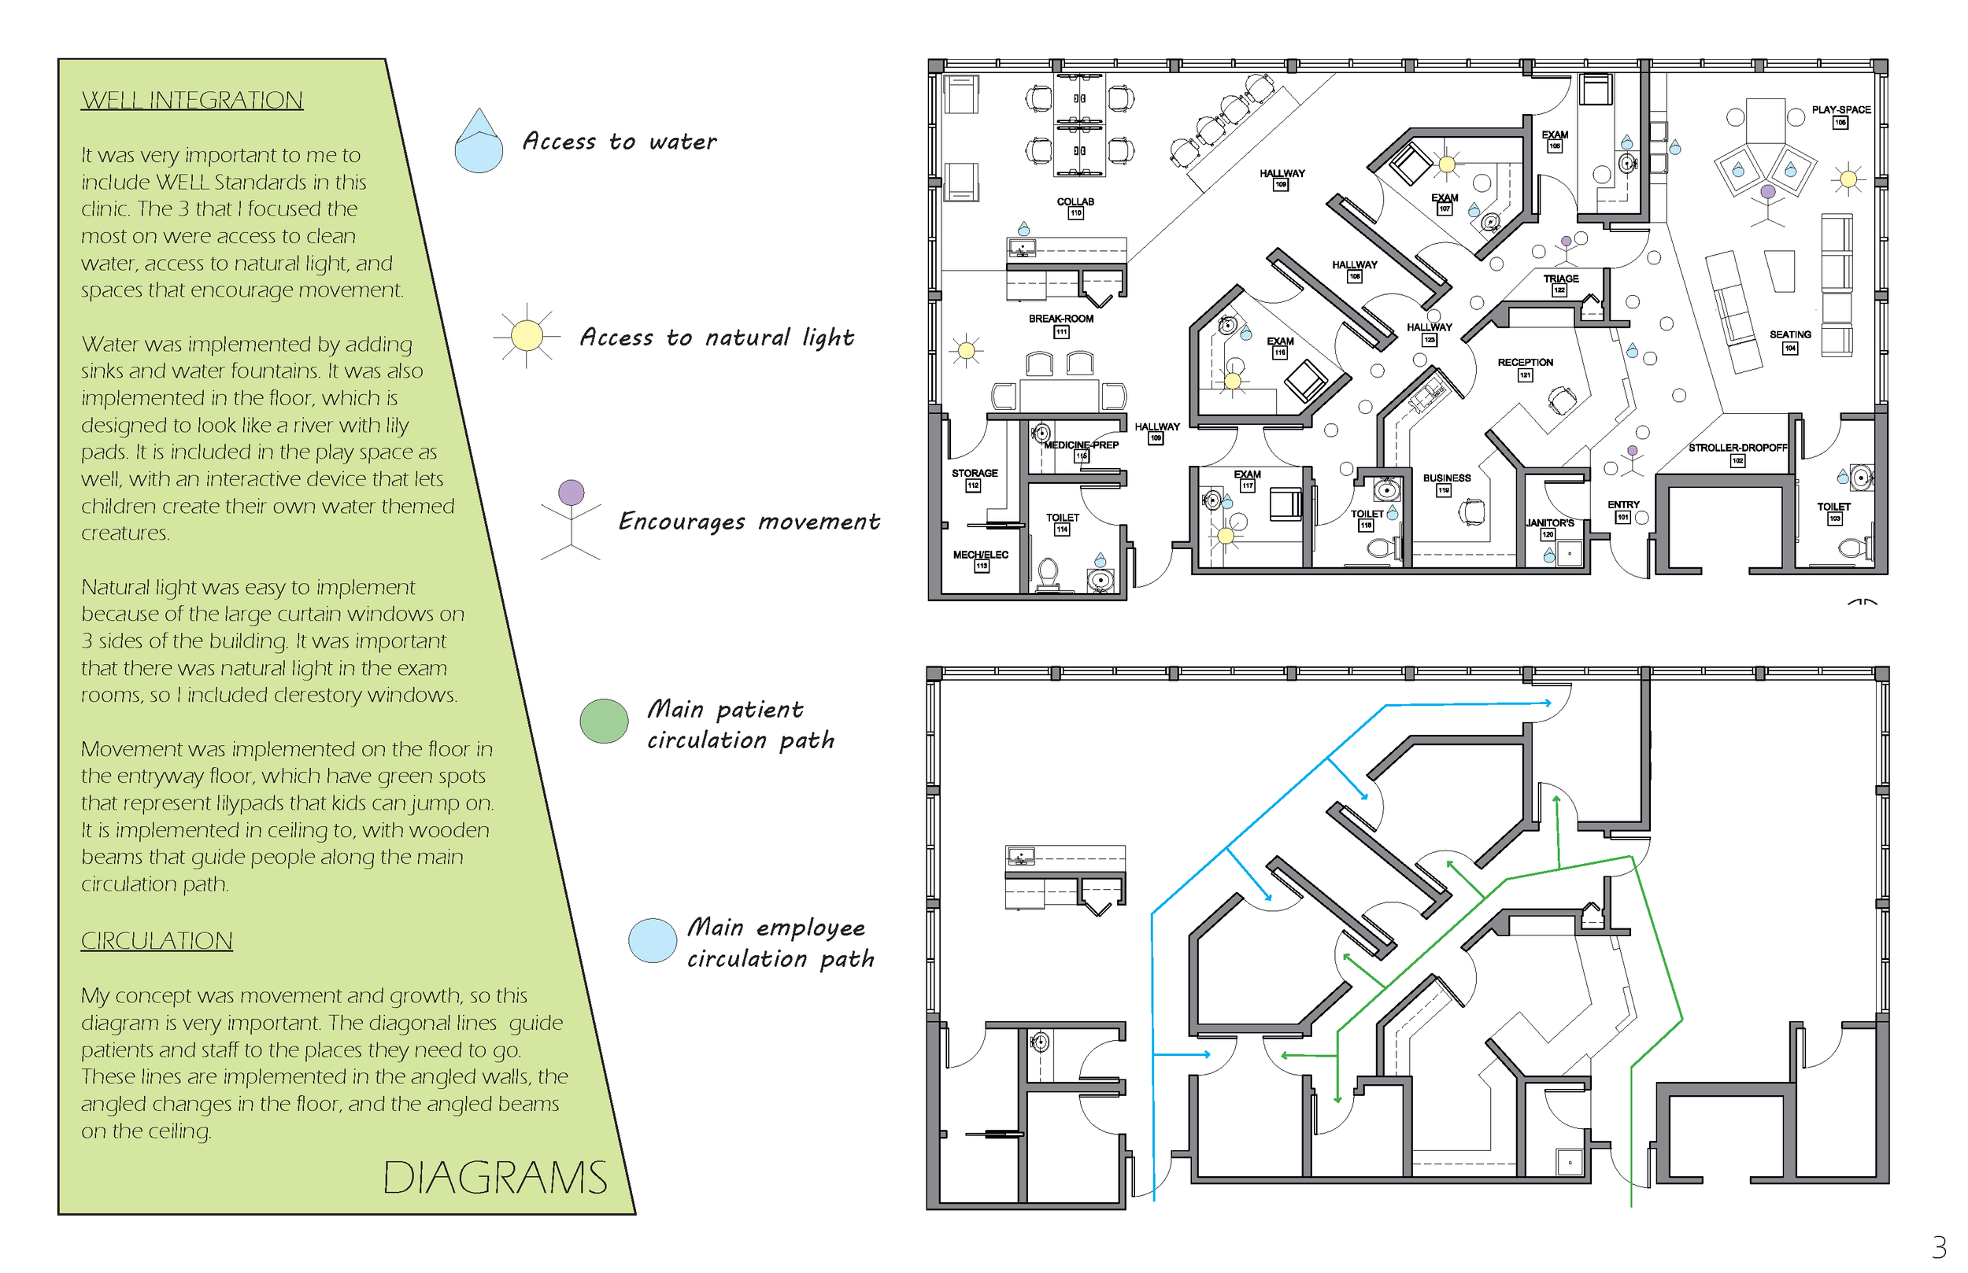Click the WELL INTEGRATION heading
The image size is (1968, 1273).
(192, 100)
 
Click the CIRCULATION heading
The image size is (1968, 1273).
(157, 941)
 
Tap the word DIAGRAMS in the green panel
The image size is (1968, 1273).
(494, 1178)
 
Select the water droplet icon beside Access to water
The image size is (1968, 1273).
(479, 142)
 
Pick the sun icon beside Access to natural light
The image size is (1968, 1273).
(527, 336)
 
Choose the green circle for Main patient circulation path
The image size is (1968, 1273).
(604, 721)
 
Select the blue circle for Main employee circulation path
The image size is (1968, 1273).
(653, 941)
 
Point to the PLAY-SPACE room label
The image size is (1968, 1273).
(1840, 110)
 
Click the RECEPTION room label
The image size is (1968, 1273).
(1525, 363)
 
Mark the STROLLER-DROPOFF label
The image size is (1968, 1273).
(1737, 448)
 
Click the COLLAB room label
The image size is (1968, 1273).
(1075, 201)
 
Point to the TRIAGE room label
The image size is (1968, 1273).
(1560, 279)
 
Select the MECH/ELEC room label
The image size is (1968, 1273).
(981, 555)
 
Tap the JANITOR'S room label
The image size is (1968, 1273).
(1549, 523)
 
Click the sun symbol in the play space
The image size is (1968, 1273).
(1848, 179)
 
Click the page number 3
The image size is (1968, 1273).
(1939, 1245)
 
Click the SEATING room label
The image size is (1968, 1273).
(1790, 335)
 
